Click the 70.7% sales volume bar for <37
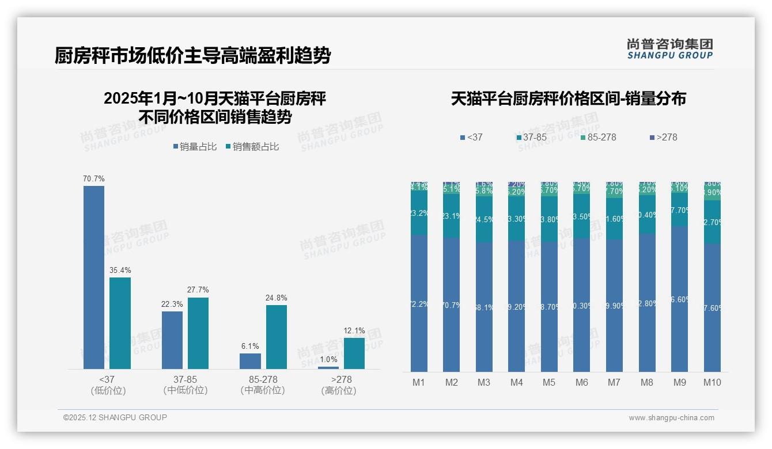(x=94, y=277)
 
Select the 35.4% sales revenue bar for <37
(x=120, y=323)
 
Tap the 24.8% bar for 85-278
(x=277, y=337)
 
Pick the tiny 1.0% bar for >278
(x=328, y=368)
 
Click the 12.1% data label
(x=354, y=330)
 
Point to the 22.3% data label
(x=172, y=304)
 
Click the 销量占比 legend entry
(x=195, y=147)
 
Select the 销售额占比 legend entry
(x=252, y=147)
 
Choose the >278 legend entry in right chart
(x=664, y=138)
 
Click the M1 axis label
(x=419, y=382)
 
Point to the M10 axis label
(x=712, y=382)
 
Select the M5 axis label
(x=549, y=382)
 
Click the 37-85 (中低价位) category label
(x=186, y=385)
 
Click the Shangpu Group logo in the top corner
(x=670, y=49)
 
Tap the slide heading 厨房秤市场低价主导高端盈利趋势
(x=192, y=56)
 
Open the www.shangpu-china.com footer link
(x=671, y=418)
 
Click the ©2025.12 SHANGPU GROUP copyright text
(x=115, y=417)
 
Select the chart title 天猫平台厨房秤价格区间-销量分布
(x=568, y=99)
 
